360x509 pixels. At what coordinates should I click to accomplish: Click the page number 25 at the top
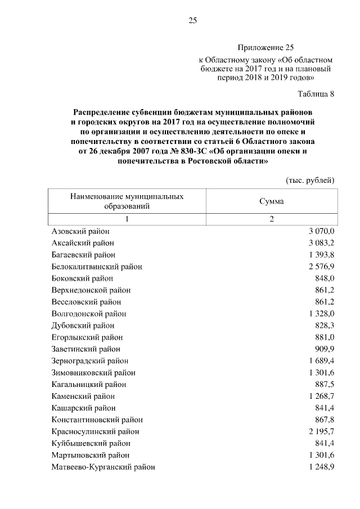point(192,21)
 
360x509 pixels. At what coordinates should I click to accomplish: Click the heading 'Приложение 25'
point(265,48)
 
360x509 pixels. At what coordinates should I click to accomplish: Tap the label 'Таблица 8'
point(316,94)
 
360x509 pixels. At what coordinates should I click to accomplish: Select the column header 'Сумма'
point(271,201)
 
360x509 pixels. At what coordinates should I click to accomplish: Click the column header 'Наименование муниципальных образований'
point(127,201)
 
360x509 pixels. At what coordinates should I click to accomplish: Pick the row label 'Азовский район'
point(80,231)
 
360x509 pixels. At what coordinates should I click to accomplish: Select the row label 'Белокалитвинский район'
point(97,267)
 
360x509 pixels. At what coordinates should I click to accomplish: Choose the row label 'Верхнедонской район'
point(91,290)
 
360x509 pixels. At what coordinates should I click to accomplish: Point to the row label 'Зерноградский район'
point(90,361)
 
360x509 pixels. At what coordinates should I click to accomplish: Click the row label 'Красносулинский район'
point(95,431)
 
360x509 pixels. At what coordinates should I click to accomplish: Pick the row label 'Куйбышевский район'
point(87,443)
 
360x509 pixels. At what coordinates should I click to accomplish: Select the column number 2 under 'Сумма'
point(271,219)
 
